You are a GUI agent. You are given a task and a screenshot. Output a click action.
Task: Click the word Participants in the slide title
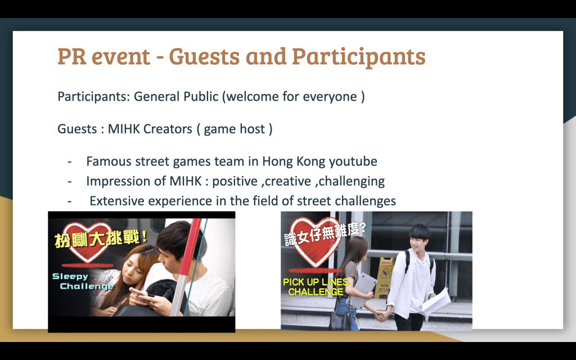(x=359, y=57)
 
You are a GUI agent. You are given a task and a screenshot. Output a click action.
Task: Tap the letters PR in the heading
(x=72, y=56)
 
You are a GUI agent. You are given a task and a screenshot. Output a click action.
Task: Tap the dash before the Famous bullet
(x=69, y=161)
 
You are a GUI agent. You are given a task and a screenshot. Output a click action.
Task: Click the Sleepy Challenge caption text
(x=83, y=281)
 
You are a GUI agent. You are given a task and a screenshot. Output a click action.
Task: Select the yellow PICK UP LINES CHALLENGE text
(x=316, y=287)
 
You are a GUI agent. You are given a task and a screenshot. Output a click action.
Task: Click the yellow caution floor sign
(x=384, y=277)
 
